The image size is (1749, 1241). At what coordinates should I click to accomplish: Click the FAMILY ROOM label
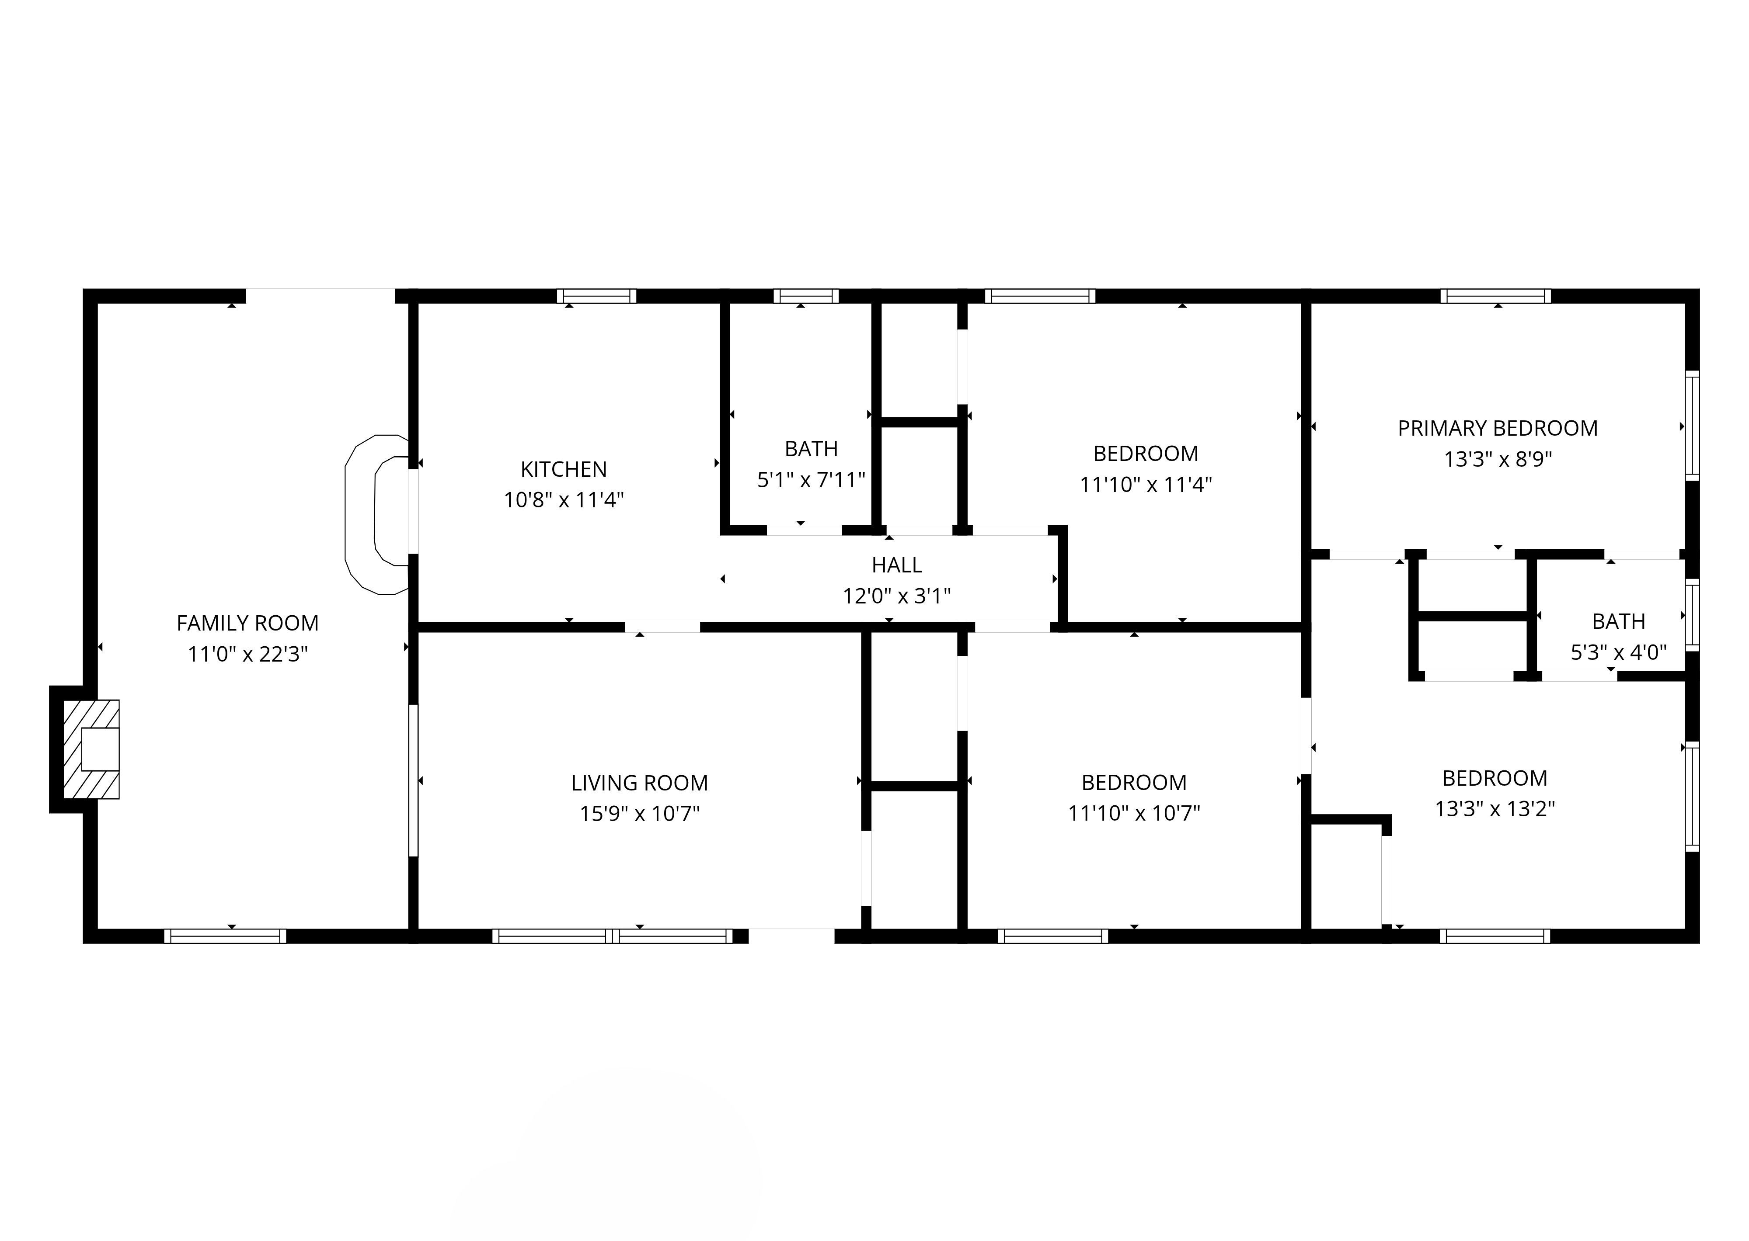(247, 624)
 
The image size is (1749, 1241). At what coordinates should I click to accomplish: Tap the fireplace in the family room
(91, 750)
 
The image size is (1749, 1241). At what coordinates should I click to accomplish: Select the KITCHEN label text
(563, 469)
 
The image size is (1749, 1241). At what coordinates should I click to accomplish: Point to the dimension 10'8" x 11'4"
(563, 500)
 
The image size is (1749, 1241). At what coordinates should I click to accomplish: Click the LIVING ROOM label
(640, 783)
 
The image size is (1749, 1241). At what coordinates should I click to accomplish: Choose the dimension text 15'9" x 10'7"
(640, 814)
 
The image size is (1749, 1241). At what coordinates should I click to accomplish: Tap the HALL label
(897, 565)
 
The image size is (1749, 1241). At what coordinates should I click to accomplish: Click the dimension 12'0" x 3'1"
(897, 596)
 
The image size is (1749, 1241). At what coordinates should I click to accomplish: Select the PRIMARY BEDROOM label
(1498, 429)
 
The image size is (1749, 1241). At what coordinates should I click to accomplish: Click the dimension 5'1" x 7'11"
(811, 480)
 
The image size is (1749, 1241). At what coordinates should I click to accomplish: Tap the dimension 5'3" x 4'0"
(1618, 652)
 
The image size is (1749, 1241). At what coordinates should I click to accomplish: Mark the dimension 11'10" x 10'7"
(1134, 813)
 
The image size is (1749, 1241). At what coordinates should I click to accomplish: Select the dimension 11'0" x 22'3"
(247, 654)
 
